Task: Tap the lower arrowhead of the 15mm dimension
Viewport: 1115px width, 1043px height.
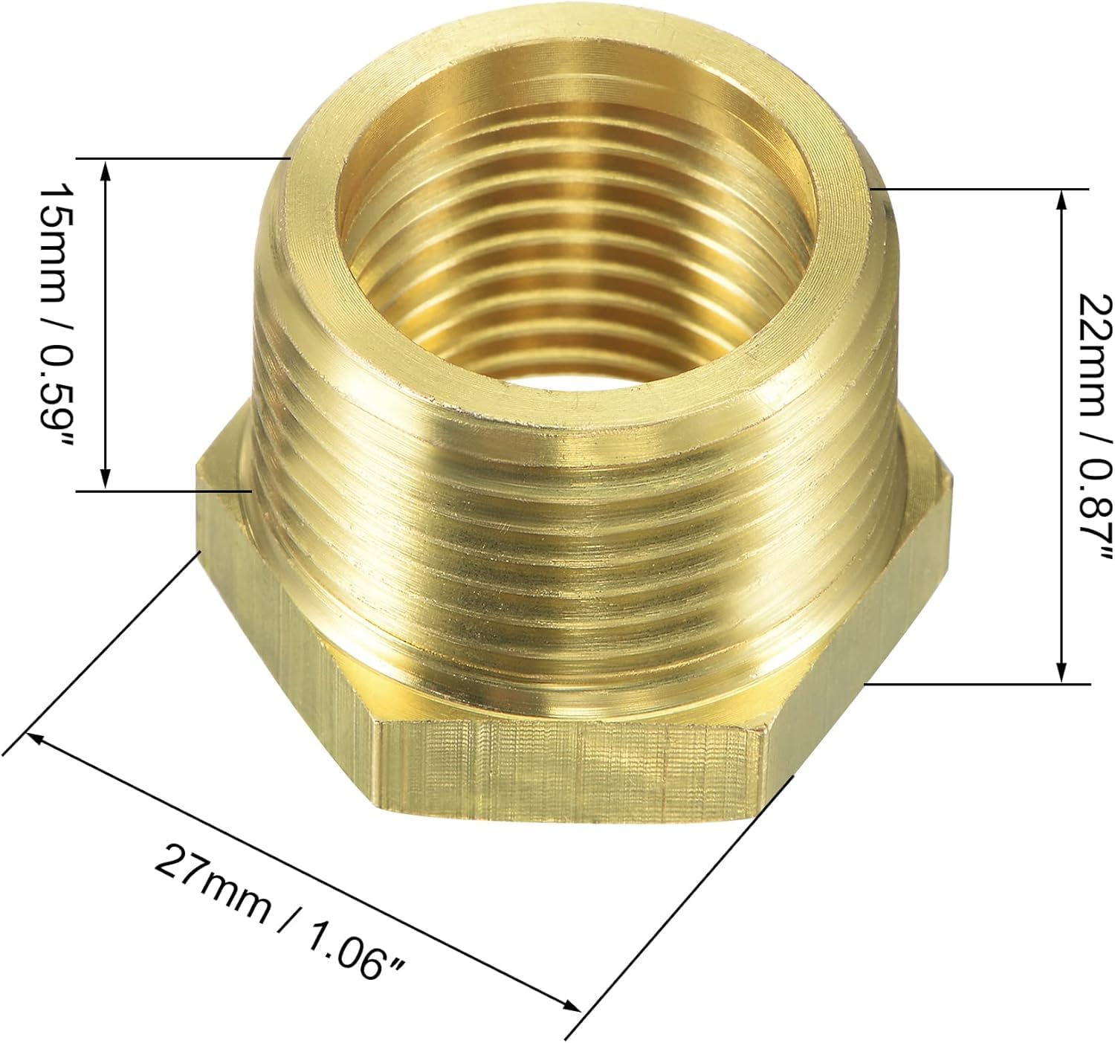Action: tap(105, 479)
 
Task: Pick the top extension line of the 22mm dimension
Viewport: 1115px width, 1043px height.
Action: tap(981, 189)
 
